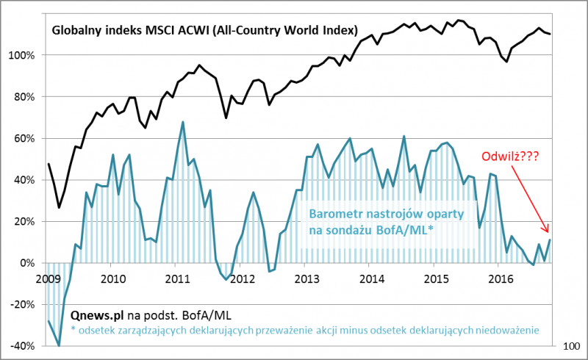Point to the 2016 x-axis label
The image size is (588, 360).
pyautogui.click(x=501, y=278)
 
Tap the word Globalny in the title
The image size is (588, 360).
pyautogui.click(x=76, y=31)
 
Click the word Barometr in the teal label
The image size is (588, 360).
pyautogui.click(x=334, y=215)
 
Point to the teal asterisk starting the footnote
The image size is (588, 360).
pyautogui.click(x=74, y=331)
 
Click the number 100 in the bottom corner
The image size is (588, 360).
pyautogui.click(x=571, y=345)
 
